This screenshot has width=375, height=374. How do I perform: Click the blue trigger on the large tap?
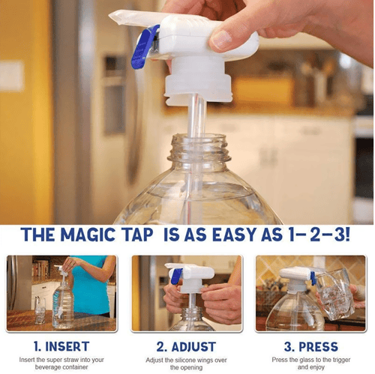145,47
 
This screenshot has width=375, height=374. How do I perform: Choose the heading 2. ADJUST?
186,347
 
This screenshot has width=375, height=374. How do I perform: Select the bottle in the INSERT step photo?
63,304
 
